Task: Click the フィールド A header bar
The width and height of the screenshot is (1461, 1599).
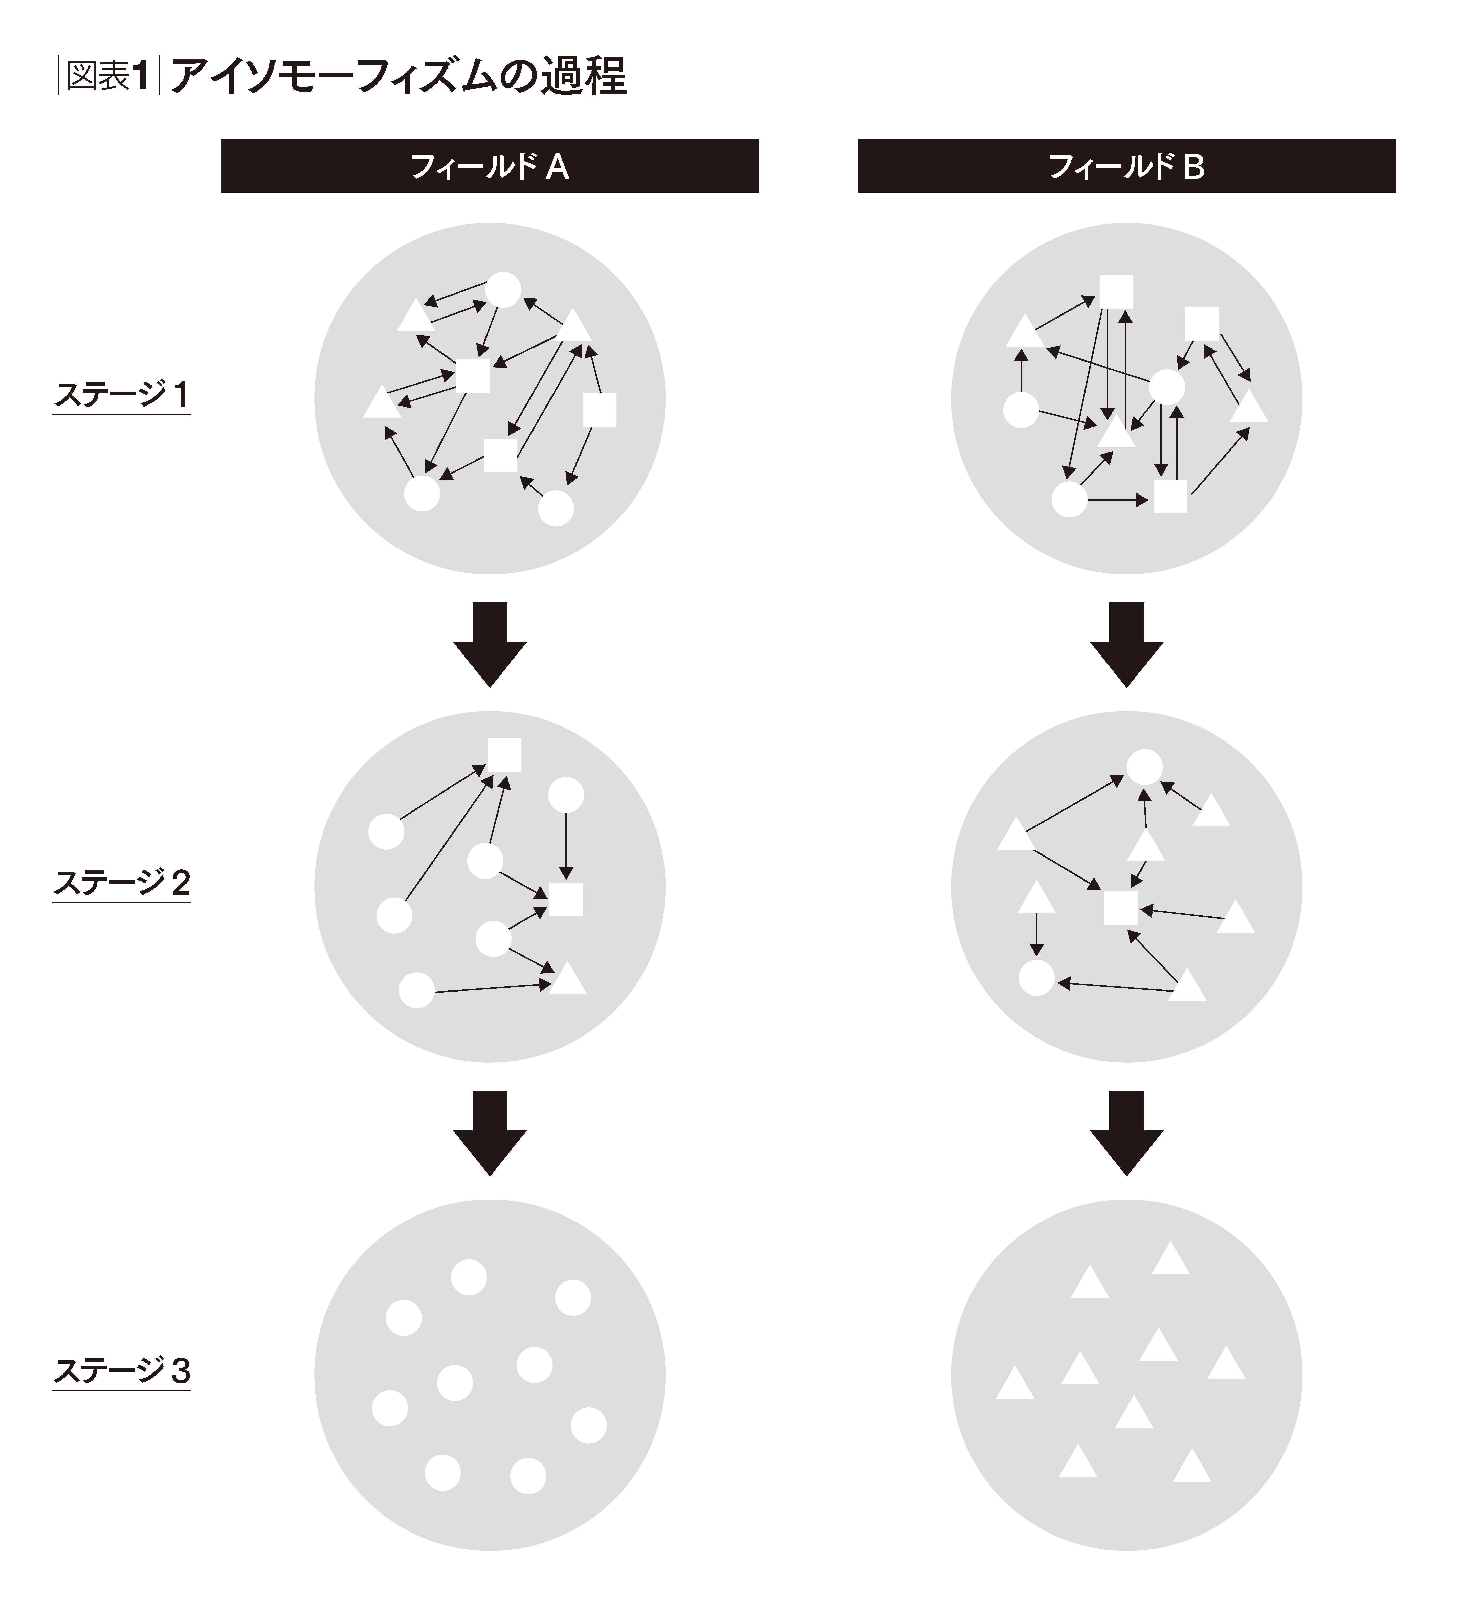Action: click(489, 166)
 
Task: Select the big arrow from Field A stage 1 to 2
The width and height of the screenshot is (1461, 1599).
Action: click(489, 644)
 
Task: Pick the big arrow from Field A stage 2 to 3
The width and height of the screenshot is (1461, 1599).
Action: click(489, 1133)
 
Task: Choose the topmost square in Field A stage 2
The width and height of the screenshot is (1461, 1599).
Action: click(504, 754)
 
